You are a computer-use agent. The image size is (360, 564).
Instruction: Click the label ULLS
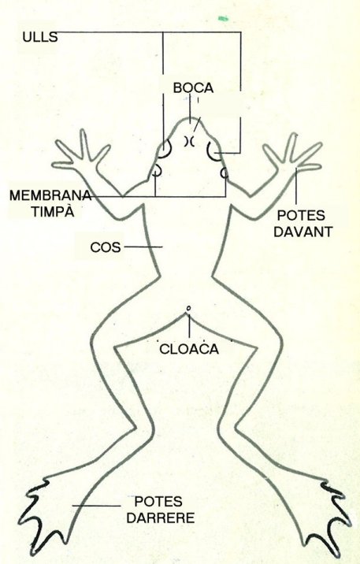click(x=40, y=37)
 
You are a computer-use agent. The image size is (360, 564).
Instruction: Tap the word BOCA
click(x=193, y=87)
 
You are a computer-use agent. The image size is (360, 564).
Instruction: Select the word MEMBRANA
click(x=50, y=195)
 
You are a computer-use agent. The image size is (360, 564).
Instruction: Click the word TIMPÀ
click(x=53, y=211)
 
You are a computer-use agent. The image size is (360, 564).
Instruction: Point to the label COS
click(x=106, y=247)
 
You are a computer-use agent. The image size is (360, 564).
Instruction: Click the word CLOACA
click(x=189, y=349)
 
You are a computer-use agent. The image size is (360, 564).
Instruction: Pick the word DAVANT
click(x=302, y=232)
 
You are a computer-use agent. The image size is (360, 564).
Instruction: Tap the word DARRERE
click(x=161, y=518)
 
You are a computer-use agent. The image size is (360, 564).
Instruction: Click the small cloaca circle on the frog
click(x=187, y=308)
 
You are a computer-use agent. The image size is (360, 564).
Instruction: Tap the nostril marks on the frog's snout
click(x=189, y=141)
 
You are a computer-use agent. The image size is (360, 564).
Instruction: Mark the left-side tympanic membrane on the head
click(x=158, y=170)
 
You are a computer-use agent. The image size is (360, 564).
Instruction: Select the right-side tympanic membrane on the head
click(x=224, y=173)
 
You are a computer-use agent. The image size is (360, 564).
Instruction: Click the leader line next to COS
click(x=143, y=247)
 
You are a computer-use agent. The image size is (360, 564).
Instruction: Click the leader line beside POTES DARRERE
click(x=96, y=506)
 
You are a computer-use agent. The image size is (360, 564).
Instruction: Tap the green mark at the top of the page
click(x=223, y=17)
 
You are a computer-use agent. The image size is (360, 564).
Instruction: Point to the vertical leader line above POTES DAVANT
click(x=296, y=187)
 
